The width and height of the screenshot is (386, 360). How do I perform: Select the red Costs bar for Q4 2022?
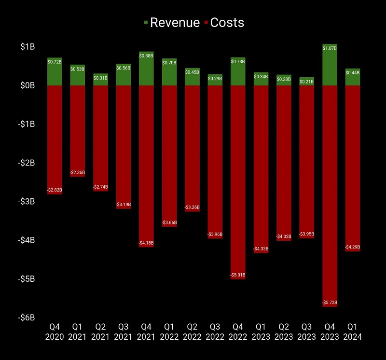[238, 179]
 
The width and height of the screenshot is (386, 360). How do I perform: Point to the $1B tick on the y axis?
[28, 47]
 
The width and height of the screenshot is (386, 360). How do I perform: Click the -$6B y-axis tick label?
[26, 318]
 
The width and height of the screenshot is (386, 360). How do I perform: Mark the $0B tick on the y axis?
[28, 85]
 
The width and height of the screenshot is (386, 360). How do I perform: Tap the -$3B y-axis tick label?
[26, 201]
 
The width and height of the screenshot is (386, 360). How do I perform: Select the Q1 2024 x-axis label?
[353, 332]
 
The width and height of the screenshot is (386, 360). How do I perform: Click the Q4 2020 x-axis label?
[55, 332]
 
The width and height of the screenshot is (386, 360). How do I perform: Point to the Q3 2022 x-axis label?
[215, 332]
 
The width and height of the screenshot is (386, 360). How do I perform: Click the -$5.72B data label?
[330, 303]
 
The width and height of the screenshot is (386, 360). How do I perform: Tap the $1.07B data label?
[330, 48]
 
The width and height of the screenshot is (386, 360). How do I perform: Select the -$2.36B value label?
[77, 172]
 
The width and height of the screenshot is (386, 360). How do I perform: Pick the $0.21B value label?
[307, 82]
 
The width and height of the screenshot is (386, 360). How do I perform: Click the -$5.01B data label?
[238, 275]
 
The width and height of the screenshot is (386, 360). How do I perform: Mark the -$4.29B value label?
[353, 247]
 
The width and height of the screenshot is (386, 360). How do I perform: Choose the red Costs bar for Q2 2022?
[192, 145]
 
